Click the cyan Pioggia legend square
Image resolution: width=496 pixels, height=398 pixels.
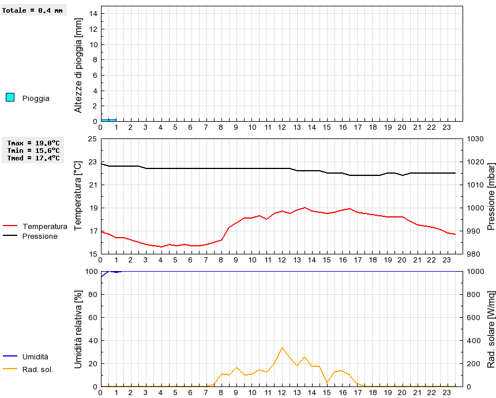[10, 97]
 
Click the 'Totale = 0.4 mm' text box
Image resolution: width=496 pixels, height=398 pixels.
[33, 10]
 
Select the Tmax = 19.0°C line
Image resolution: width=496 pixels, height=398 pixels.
[33, 143]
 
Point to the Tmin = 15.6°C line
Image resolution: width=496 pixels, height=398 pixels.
[33, 151]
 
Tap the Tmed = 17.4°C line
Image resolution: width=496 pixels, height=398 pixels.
[33, 158]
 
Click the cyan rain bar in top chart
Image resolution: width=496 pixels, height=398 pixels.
[108, 120]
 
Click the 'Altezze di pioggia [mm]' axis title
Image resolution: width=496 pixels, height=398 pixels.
[78, 65]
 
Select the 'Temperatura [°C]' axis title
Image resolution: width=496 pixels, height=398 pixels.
[78, 196]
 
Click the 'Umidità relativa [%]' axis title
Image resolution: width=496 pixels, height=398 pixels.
[78, 329]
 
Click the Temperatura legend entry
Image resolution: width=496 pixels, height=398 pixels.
[44, 226]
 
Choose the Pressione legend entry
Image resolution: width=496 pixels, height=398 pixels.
[39, 236]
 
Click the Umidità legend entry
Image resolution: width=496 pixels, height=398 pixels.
[35, 357]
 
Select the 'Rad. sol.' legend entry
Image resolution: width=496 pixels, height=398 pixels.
[37, 369]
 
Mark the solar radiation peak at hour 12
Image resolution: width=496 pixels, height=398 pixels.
[282, 347]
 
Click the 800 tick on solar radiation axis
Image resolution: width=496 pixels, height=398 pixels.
[475, 294]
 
